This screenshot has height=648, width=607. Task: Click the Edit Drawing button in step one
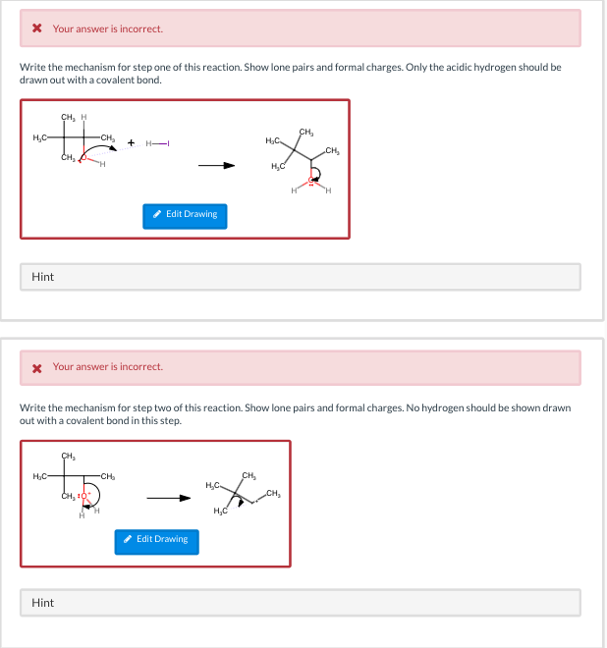click(185, 214)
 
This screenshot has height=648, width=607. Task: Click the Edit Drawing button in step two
click(156, 539)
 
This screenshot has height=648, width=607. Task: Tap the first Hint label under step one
click(42, 277)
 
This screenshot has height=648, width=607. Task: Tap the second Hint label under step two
click(42, 602)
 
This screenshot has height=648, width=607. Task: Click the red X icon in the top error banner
click(36, 28)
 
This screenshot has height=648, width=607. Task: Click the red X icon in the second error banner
click(36, 367)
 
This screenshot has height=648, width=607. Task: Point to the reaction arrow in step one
click(217, 165)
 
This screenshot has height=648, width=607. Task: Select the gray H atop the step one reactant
click(83, 118)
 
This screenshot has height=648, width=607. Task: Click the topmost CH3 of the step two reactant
click(68, 456)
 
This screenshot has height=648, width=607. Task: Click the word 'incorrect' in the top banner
click(142, 28)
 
